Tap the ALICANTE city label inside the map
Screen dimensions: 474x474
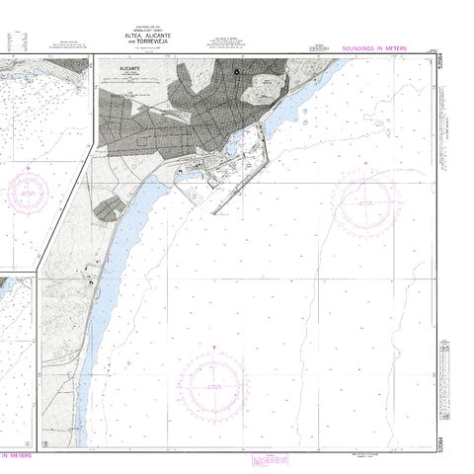(129, 68)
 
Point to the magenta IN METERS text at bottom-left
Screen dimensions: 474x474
(17, 455)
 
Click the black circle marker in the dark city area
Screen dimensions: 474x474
(237, 73)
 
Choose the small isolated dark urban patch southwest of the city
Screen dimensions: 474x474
(110, 207)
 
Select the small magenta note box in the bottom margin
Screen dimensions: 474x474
(267, 460)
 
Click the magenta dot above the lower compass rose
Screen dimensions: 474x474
(213, 348)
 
